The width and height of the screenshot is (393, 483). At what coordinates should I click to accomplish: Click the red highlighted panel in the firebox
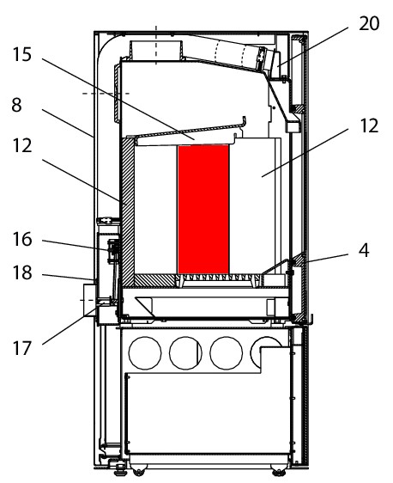click(203, 210)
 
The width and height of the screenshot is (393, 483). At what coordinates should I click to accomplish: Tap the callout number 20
click(369, 24)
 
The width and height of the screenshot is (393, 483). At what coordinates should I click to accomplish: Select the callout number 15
click(22, 54)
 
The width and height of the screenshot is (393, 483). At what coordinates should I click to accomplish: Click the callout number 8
click(16, 105)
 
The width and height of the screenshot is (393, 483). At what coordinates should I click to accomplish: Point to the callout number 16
click(22, 239)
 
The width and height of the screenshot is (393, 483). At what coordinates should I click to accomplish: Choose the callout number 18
click(22, 272)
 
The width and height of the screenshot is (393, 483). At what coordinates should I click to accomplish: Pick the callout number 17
click(22, 348)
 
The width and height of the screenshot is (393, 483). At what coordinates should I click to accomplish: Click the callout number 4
click(364, 250)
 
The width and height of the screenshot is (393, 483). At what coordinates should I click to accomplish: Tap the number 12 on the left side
click(22, 145)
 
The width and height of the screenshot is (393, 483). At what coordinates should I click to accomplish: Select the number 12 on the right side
click(369, 125)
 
